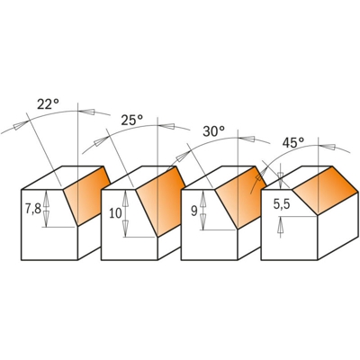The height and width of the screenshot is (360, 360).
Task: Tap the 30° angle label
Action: tap(213, 130)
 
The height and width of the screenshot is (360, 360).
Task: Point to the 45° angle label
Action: tap(292, 141)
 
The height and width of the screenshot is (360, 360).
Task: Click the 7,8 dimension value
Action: tap(31, 209)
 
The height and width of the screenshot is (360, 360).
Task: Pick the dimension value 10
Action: tap(114, 213)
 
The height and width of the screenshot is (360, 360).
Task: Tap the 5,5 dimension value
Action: tap(280, 204)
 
